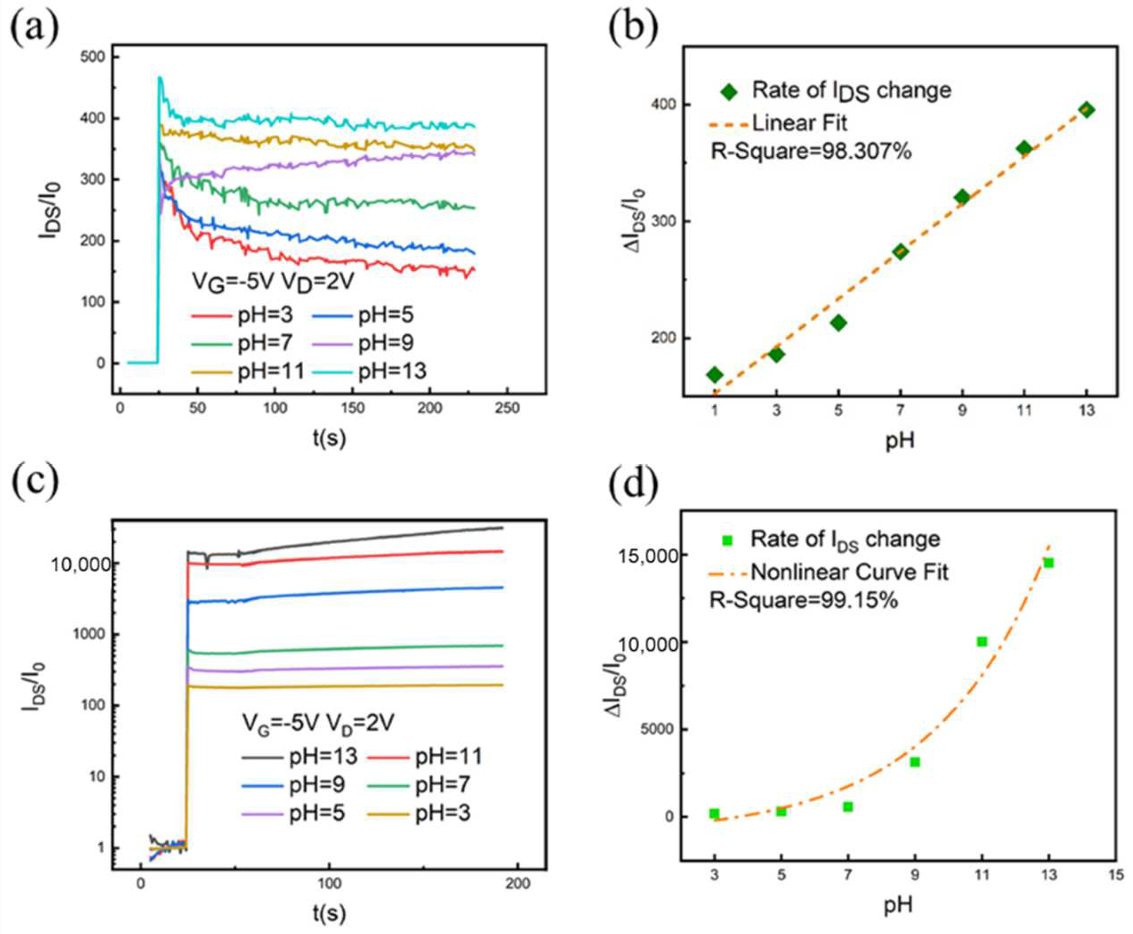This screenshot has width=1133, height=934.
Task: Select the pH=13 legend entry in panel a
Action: point(392,371)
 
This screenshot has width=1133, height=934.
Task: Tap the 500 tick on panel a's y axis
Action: point(93,57)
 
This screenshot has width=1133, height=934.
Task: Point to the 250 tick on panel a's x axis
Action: point(507,408)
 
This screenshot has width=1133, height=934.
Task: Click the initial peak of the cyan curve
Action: point(160,79)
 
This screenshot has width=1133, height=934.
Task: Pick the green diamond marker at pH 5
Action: point(839,323)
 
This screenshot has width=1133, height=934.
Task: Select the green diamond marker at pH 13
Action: point(1087,110)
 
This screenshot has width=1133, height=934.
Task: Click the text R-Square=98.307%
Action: point(811,152)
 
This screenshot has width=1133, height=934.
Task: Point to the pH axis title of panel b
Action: point(900,441)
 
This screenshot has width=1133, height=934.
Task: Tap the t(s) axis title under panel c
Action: point(329,913)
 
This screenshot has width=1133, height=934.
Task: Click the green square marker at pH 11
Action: point(982,641)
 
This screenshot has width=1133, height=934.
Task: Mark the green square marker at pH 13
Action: point(1048,563)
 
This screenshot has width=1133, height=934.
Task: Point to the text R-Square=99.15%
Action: point(804,600)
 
